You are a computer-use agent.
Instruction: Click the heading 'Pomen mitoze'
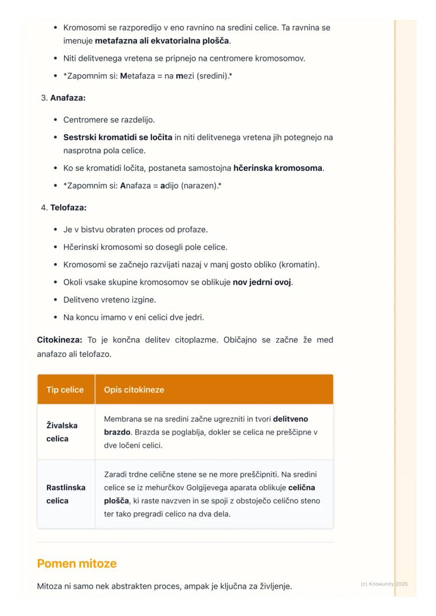77,563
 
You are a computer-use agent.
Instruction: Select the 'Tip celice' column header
65,390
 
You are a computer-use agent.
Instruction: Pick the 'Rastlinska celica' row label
66,494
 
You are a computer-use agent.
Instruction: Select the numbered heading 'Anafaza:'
67,98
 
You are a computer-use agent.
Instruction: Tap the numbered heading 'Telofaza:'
68,207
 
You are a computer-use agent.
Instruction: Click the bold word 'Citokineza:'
60,340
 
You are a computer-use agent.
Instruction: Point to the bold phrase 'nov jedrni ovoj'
262,282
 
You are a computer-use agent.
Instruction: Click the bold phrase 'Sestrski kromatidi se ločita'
117,138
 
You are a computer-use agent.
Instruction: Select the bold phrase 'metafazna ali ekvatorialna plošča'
162,40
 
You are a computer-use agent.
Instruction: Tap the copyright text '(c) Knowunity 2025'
384,584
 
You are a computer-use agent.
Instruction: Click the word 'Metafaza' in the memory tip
136,76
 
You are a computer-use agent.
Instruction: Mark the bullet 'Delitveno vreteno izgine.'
110,300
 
